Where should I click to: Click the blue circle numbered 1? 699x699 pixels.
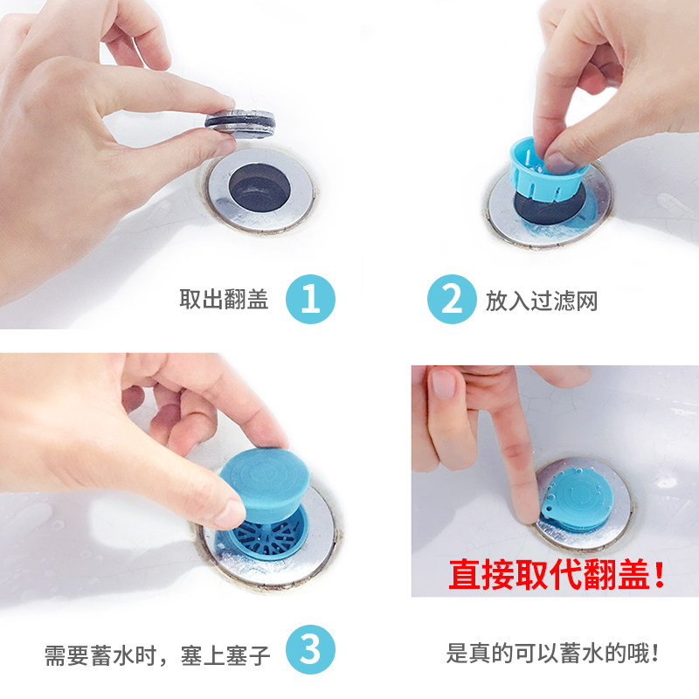click(310, 299)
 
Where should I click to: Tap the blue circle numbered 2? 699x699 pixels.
click(452, 299)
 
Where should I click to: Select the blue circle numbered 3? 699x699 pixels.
click(310, 649)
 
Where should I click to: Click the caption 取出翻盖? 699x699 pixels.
click(224, 299)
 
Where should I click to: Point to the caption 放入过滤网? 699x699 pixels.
click(541, 301)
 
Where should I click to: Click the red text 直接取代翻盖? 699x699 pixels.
click(557, 575)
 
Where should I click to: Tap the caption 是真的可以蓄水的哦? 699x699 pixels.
click(552, 654)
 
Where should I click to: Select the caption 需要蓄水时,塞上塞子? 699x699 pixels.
click(157, 656)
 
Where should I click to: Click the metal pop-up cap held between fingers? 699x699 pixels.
click(240, 122)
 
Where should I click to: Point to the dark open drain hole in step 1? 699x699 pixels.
click(260, 187)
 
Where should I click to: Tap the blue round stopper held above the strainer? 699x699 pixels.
click(266, 485)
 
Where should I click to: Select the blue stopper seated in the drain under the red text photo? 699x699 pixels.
click(577, 503)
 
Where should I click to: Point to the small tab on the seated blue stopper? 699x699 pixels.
click(550, 512)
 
